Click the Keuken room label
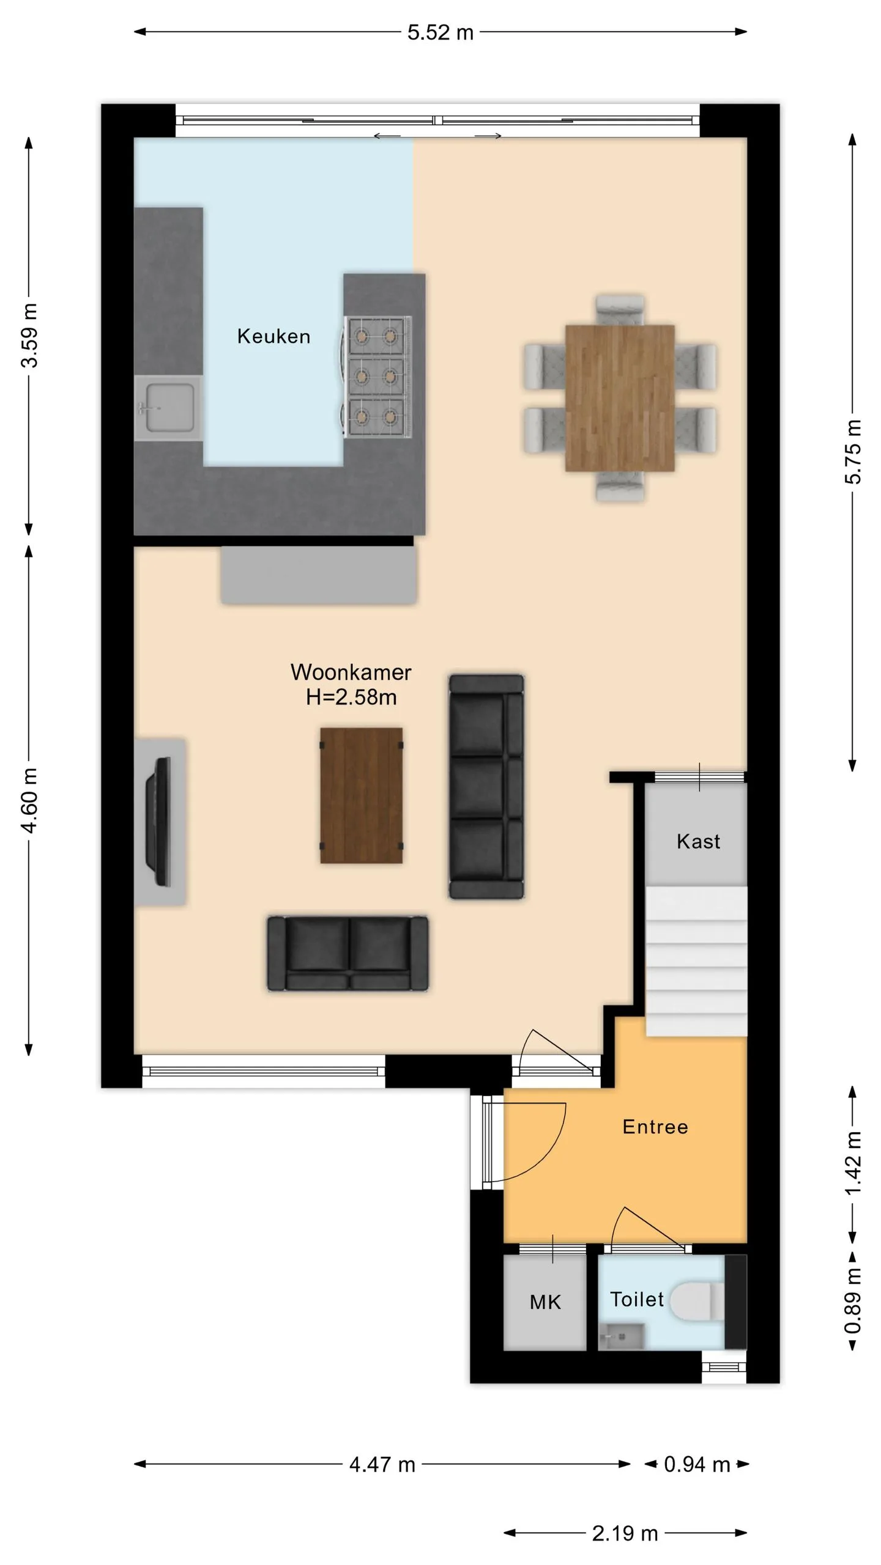(273, 336)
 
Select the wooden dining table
(620, 398)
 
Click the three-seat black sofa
(486, 787)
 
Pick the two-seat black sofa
(348, 953)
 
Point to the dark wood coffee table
(362, 795)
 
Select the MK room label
(545, 1302)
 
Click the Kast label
(698, 841)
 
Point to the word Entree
(655, 1127)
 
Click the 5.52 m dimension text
(441, 32)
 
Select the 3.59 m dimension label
(29, 335)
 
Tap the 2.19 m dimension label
(625, 1533)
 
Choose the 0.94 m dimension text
(697, 1465)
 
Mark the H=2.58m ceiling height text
(351, 697)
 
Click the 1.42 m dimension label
(853, 1163)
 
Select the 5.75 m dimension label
(853, 452)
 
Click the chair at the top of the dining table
(620, 310)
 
